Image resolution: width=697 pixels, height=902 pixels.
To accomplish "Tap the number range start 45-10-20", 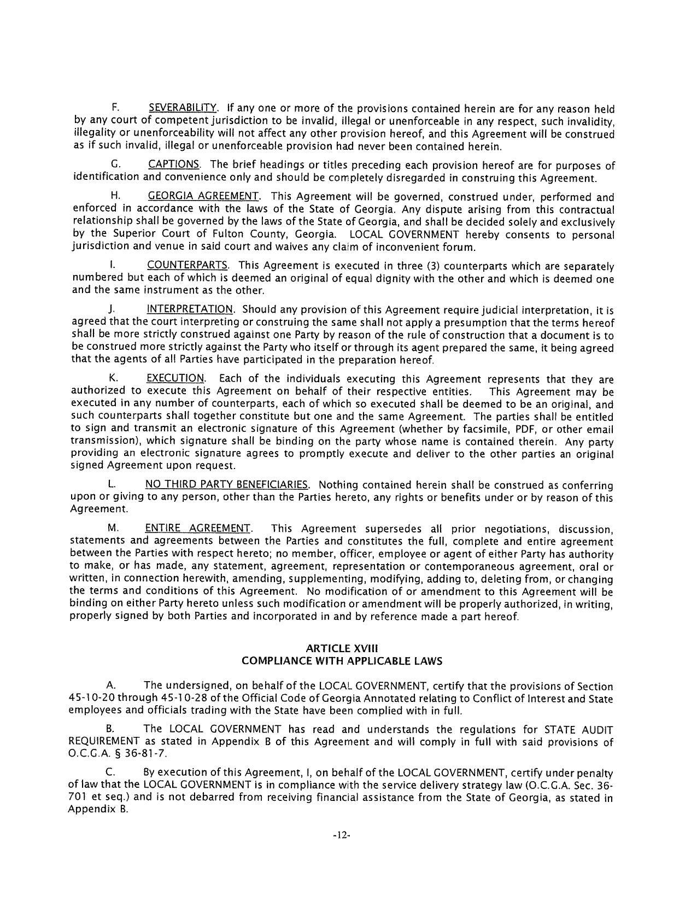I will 91,699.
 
